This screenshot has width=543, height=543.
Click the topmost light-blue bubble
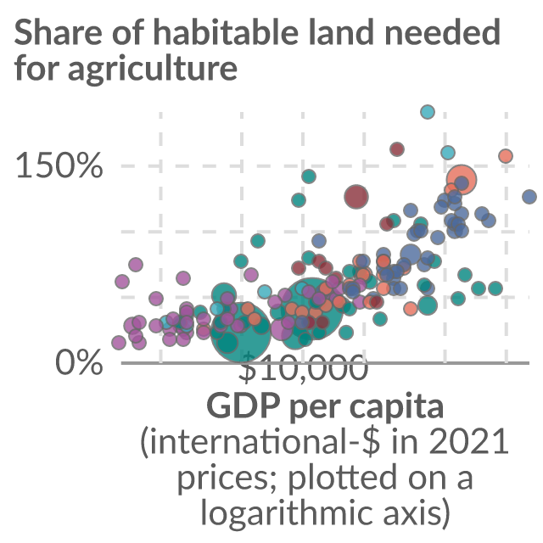[x=428, y=112]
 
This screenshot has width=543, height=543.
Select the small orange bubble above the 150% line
[x=506, y=156]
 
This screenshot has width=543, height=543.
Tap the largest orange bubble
[x=462, y=180]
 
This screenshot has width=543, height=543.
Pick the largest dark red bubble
[x=356, y=197]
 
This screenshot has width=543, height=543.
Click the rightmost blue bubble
[x=529, y=197]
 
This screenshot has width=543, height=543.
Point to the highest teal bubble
[x=309, y=176]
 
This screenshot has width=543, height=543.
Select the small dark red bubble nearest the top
[x=397, y=149]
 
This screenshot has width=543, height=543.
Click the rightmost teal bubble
[x=495, y=288]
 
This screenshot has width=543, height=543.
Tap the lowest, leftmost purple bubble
[x=119, y=343]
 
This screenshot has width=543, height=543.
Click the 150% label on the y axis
[x=59, y=166]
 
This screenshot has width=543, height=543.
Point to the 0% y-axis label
[x=79, y=362]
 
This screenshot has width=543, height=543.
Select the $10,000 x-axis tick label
[x=303, y=367]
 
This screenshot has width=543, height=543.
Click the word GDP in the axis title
[x=244, y=406]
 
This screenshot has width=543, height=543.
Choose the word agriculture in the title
[x=153, y=69]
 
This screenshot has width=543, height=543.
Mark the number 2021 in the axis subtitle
[x=469, y=441]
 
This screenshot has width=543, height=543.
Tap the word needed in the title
[x=442, y=32]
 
